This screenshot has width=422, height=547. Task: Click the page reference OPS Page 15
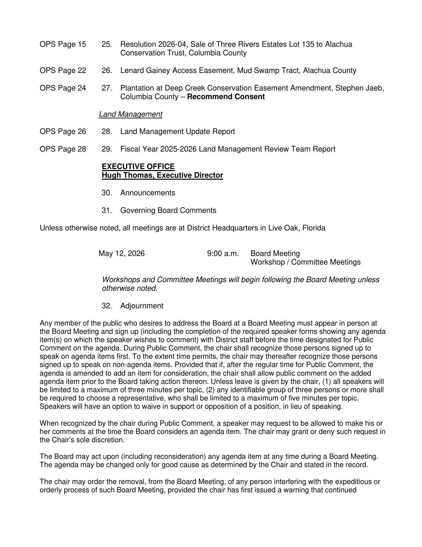pos(63,44)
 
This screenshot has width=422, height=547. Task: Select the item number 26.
pos(107,71)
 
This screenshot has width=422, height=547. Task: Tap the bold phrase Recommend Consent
pos(226,97)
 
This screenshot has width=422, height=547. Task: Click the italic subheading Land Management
pos(130,114)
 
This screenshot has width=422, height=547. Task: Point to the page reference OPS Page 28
pos(63,149)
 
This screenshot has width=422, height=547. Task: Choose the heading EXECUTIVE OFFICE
pos(138,166)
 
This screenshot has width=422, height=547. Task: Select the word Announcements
pos(148,193)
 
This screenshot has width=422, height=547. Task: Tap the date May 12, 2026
pos(121,254)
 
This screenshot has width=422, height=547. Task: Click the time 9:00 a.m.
pos(223,254)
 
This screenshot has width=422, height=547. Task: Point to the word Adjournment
pos(142,306)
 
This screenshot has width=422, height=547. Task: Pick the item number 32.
pos(107,306)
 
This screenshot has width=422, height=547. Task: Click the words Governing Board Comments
pos(168,211)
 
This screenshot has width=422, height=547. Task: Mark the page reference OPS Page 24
pos(63,88)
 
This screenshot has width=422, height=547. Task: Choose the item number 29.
pos(107,149)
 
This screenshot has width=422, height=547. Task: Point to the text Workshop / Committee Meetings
pos(305,262)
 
